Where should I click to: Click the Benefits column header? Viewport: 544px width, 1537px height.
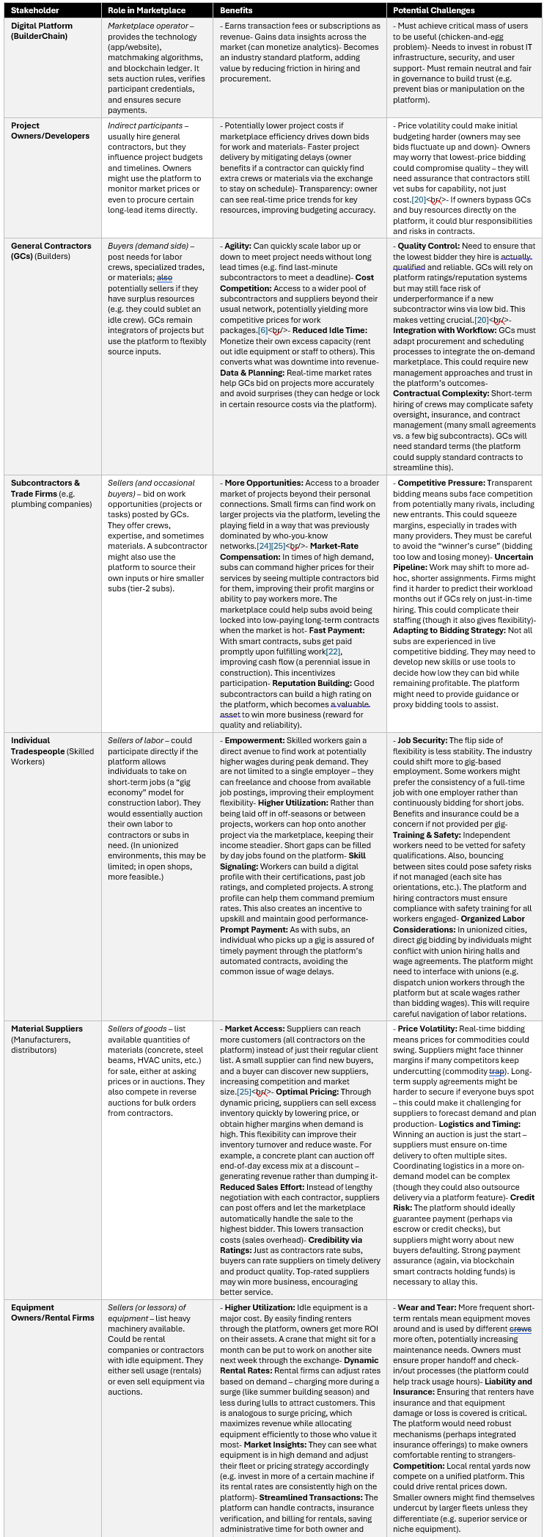236,10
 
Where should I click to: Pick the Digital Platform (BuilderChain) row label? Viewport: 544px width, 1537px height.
42,31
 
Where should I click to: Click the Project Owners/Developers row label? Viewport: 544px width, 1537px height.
50,131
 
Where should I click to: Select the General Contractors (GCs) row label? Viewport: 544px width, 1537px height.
51,251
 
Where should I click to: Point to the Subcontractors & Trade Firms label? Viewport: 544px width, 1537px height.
45,488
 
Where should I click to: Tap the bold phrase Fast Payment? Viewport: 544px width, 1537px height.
337,630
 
